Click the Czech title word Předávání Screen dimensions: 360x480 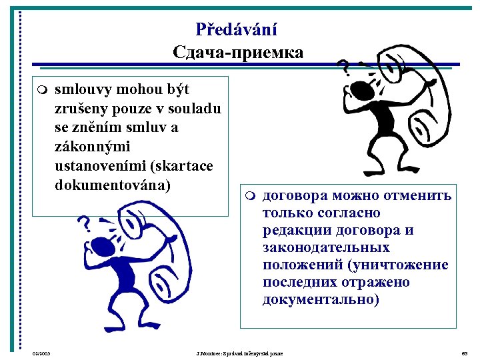pos(237,29)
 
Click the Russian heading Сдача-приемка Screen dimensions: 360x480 pos(237,51)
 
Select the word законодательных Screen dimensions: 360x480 pos(326,247)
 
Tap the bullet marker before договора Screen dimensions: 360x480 pos(249,197)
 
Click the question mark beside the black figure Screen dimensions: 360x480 pos(345,67)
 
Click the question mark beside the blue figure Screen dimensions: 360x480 pos(85,223)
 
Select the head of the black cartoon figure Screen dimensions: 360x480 pos(365,87)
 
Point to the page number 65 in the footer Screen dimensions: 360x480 pos(465,352)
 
